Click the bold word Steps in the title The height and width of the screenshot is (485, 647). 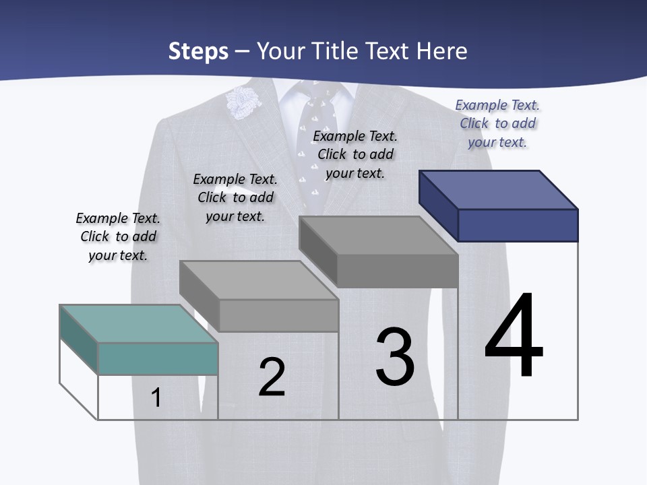198,51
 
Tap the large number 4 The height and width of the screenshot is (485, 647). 514,335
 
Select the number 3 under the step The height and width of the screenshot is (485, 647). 395,358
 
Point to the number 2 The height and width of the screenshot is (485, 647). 272,377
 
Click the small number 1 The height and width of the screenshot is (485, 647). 156,398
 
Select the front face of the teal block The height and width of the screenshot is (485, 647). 158,358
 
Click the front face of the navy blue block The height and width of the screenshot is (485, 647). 518,225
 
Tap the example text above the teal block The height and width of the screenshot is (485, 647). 118,236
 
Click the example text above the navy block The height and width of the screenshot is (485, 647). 497,123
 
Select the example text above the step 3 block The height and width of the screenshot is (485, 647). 355,154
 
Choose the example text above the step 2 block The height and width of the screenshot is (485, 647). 235,197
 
